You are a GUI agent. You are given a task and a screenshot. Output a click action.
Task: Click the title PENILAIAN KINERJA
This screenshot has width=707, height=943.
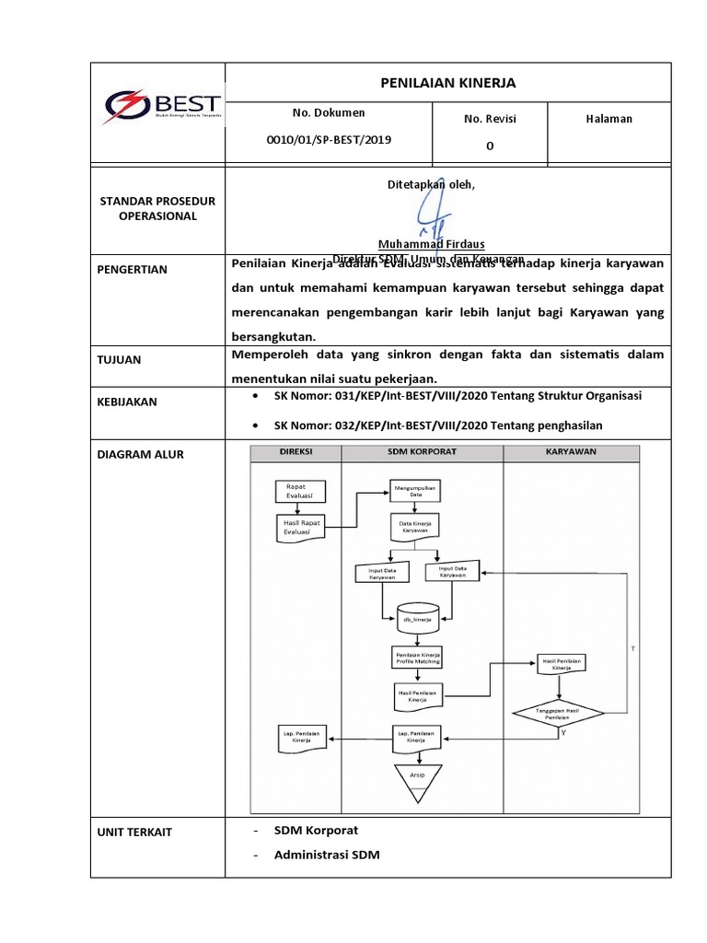point(448,83)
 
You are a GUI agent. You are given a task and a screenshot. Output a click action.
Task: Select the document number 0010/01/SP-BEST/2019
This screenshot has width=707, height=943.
point(329,139)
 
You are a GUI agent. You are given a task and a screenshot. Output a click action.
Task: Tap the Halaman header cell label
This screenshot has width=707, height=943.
point(608,119)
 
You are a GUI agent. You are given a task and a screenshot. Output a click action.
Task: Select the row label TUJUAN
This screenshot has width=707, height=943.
point(121,360)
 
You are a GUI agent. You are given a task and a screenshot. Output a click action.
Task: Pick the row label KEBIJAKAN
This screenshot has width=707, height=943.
point(127,402)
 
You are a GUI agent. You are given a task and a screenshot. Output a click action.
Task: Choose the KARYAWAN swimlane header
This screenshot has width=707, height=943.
point(571,452)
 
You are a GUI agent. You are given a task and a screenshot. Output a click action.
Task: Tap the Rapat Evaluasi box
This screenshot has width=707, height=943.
point(296,490)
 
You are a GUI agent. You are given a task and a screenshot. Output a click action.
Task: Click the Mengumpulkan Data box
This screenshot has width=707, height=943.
point(415,490)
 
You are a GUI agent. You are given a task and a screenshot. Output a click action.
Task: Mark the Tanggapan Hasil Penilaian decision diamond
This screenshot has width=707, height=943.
point(559,715)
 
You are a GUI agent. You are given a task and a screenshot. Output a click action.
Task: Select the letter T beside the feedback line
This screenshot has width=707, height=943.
point(632,649)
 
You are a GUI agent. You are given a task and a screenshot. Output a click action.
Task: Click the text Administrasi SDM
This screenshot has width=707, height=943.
point(326,855)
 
